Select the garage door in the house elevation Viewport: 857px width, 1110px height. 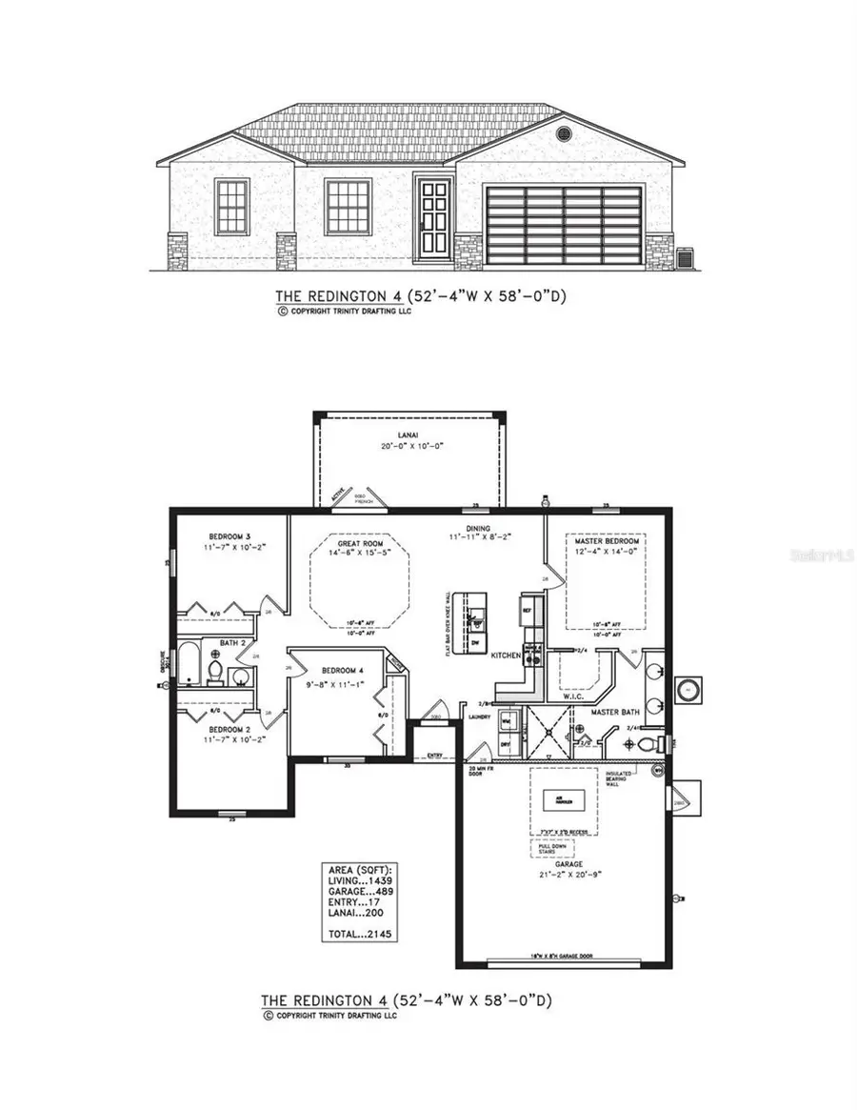564,226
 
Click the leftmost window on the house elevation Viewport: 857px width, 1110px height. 231,207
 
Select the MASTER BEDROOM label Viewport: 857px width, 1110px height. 605,540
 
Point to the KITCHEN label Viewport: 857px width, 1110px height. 504,656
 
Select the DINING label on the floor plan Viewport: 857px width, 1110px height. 478,528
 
